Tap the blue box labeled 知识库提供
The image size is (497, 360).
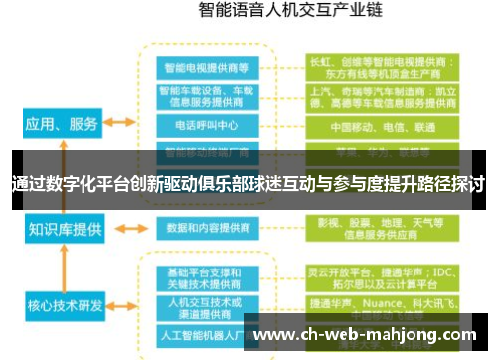tap(65, 230)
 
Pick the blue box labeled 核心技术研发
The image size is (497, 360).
tap(65, 304)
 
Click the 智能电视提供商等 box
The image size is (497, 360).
tap(208, 67)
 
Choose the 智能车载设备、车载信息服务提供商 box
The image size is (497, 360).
tap(208, 96)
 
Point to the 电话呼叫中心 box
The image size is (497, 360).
tap(208, 127)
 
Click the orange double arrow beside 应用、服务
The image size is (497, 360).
tap(119, 123)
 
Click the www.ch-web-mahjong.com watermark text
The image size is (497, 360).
tap(368, 334)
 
